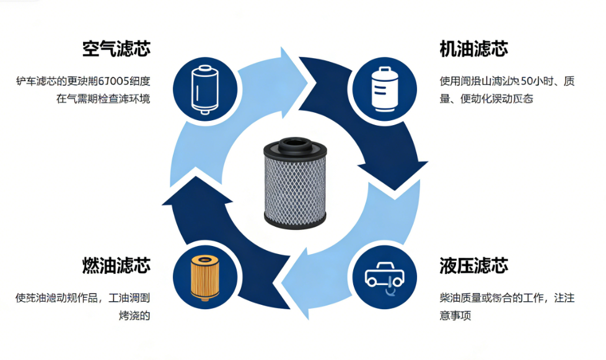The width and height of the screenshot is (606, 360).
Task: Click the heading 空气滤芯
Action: tap(116, 49)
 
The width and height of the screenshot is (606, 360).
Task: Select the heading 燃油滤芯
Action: tap(116, 266)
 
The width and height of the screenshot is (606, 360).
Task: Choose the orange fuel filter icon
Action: tap(205, 277)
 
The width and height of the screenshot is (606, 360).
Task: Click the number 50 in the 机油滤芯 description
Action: tap(528, 81)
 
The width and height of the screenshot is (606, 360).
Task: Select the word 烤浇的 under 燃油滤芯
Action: tap(134, 315)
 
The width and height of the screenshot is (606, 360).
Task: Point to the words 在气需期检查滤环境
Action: tap(103, 99)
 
